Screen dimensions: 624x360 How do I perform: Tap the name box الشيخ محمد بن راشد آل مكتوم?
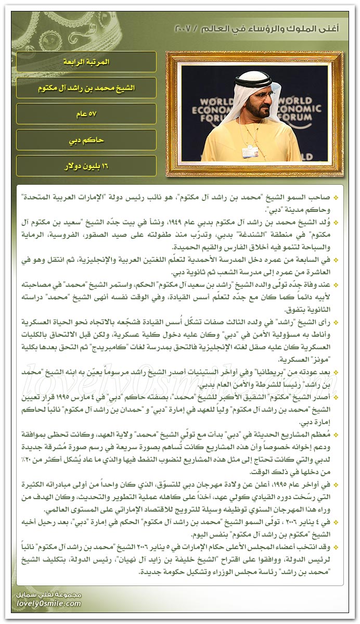[86, 88]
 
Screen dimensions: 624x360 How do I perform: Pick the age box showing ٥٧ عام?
[86, 114]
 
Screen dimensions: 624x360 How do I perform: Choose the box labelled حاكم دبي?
[86, 140]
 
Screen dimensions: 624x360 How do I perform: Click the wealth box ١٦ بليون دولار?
[86, 166]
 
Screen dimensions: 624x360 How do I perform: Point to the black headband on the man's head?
[253, 82]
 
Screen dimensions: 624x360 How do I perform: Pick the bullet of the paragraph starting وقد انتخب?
[335, 546]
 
